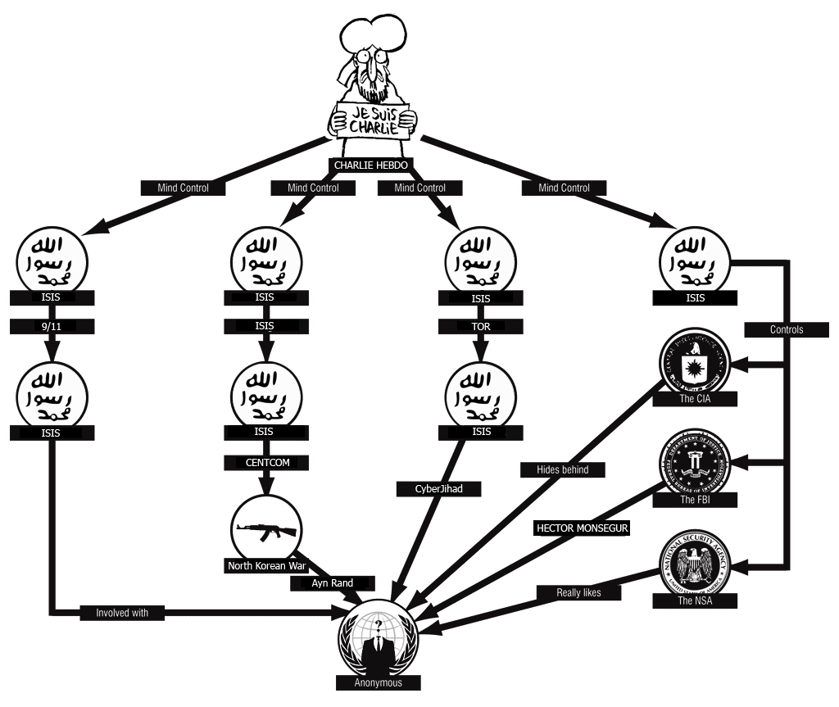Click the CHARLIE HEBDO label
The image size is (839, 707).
click(370, 165)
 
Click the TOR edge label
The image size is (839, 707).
click(480, 326)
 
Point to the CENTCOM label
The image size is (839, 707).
click(267, 463)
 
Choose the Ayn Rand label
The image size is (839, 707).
click(332, 583)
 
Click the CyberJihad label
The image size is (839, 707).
click(438, 489)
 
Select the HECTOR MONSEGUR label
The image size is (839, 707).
click(582, 528)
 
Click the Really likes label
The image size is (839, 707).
click(579, 592)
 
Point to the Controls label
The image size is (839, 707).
click(786, 329)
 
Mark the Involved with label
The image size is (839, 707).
click(124, 612)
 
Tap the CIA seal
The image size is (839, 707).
click(695, 363)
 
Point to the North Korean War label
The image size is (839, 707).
click(265, 566)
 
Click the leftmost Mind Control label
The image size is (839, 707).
click(183, 188)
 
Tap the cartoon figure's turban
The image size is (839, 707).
click(373, 33)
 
